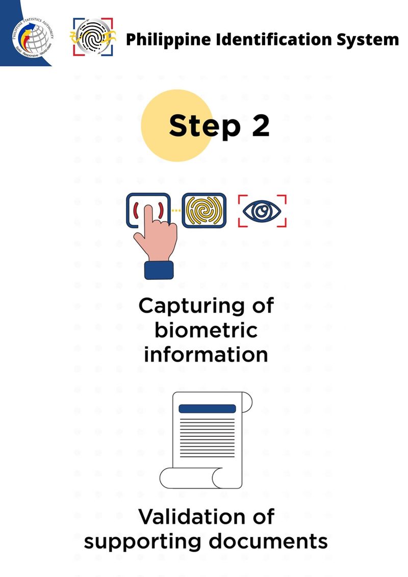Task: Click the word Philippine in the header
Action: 166,39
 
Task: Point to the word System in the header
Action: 367,39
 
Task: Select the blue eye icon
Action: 262,210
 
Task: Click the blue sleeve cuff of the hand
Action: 159,270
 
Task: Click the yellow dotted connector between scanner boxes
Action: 176,210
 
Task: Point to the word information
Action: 206,354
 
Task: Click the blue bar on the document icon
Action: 207,408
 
